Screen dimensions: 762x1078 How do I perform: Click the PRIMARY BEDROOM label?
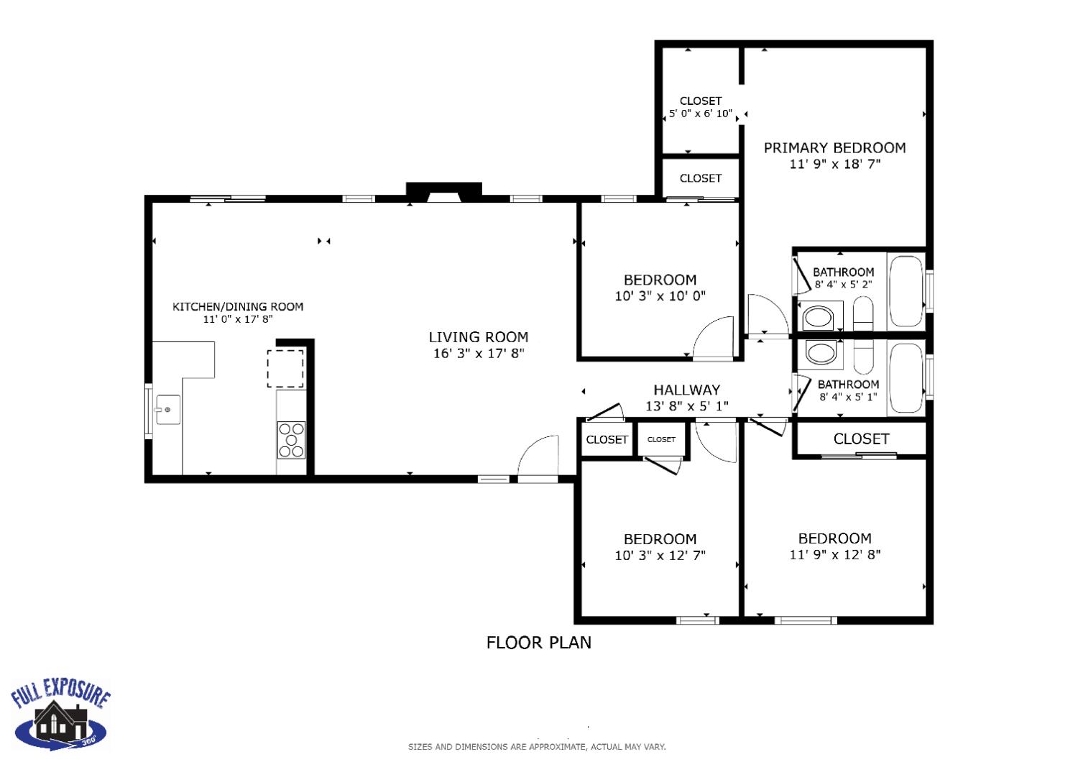click(834, 148)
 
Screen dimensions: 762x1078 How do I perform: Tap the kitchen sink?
click(168, 410)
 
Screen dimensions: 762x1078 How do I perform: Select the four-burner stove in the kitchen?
click(291, 440)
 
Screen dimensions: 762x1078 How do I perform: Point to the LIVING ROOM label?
click(479, 337)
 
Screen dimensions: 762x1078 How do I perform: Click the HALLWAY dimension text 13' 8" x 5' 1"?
click(686, 406)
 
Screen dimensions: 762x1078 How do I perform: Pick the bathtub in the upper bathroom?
click(906, 291)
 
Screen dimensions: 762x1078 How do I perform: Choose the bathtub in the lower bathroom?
click(906, 379)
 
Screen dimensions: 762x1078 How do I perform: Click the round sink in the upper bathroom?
click(817, 317)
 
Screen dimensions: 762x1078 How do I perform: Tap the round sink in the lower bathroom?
click(820, 353)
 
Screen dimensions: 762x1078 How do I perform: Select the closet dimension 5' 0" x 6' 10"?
click(700, 114)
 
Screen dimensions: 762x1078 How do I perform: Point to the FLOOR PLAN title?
click(538, 643)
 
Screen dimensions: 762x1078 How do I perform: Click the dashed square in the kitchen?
click(285, 369)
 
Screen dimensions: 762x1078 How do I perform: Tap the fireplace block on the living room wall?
click(443, 191)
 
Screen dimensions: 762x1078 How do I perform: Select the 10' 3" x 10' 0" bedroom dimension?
click(660, 296)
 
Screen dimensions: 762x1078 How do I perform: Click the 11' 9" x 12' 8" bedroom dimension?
click(834, 555)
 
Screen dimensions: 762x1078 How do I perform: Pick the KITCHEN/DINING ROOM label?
click(238, 307)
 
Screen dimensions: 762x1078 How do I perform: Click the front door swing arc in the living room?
click(538, 456)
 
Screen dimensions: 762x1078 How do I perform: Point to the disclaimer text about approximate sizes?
click(537, 747)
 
